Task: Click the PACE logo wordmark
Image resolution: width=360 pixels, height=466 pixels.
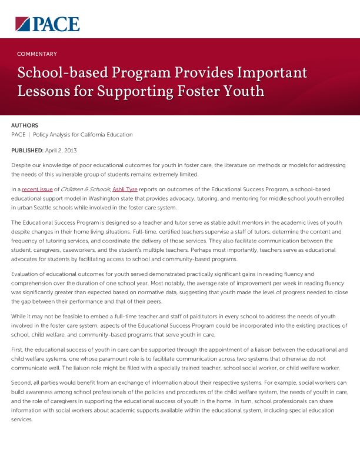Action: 56,24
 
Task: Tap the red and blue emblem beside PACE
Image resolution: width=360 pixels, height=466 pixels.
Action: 23,24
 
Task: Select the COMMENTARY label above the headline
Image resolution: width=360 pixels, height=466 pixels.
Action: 37,54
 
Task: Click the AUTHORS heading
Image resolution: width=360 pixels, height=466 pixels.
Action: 25,125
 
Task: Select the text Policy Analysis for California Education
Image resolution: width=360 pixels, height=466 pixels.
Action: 83,135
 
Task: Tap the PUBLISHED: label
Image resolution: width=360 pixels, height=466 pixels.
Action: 27,151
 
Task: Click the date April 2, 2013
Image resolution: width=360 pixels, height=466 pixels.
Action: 61,151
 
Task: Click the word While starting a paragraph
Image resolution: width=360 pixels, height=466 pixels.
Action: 19,317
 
